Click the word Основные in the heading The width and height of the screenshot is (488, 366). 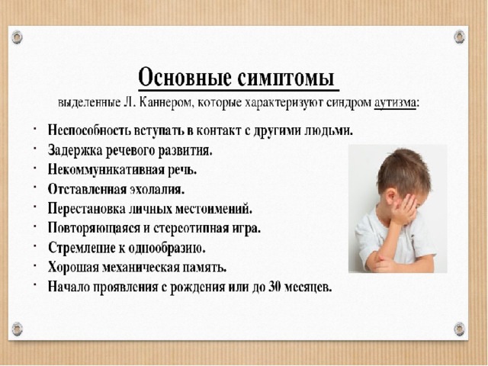click(185, 77)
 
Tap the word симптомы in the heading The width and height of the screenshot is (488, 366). click(286, 78)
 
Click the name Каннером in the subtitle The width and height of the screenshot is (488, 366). click(164, 102)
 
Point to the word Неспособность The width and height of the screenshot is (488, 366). click(89, 130)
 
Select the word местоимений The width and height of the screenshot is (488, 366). click(213, 209)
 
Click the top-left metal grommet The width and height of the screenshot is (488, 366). click(17, 37)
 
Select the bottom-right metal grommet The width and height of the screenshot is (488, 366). click(460, 329)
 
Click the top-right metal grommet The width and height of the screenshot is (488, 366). click(460, 37)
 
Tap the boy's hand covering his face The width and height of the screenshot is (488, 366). click(404, 207)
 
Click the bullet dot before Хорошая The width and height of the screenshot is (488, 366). click(35, 266)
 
